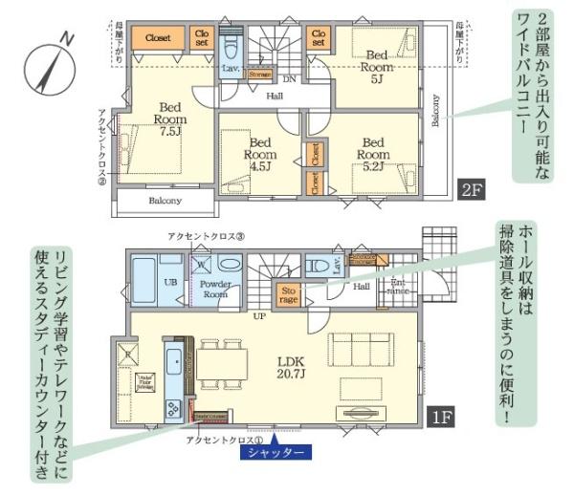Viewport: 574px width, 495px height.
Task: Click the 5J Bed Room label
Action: pos(377,63)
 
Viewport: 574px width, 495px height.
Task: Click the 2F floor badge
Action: pos(472,188)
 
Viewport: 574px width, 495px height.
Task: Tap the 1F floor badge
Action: pos(440,418)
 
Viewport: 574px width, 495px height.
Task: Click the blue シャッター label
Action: pos(276,452)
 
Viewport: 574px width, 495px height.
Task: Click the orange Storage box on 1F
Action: pos(289,293)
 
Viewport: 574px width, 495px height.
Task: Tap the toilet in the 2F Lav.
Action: pos(231,47)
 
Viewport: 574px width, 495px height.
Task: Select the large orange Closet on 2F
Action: pos(159,38)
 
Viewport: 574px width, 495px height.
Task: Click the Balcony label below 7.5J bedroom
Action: pos(165,202)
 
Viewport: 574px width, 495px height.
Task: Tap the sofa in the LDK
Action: pos(362,346)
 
